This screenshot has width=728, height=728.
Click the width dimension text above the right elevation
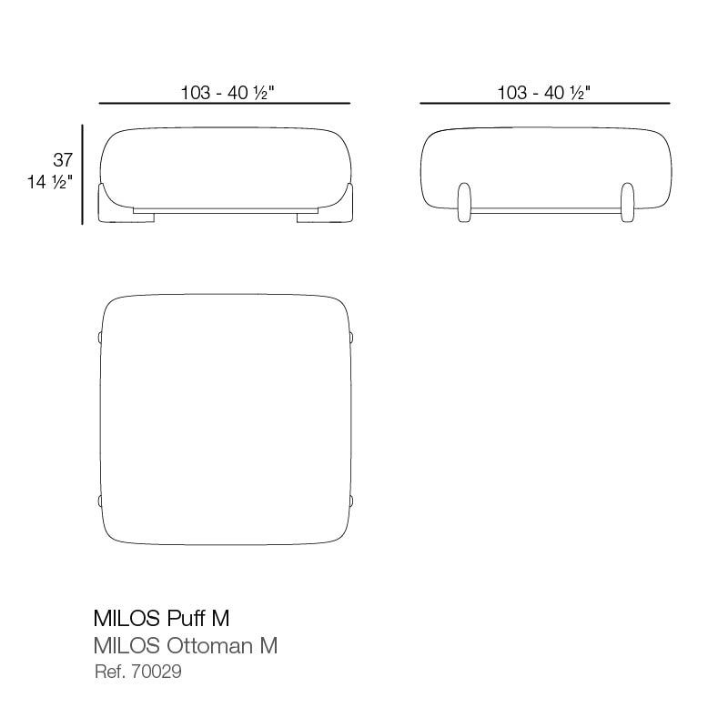click(x=544, y=92)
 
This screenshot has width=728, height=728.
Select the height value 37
click(x=63, y=160)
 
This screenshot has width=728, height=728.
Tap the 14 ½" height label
click(x=49, y=182)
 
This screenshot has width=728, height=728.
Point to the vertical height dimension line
click(x=83, y=174)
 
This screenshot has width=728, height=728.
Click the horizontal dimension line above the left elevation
click(x=224, y=104)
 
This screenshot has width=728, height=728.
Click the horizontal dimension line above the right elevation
click(x=544, y=104)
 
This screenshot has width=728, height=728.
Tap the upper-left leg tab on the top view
click(x=99, y=338)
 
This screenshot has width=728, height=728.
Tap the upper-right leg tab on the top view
click(x=351, y=338)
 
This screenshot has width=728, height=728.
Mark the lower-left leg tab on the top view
click(x=99, y=500)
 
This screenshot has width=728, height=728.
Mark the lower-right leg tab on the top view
click(x=351, y=500)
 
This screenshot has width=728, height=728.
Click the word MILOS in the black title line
click(x=126, y=619)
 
